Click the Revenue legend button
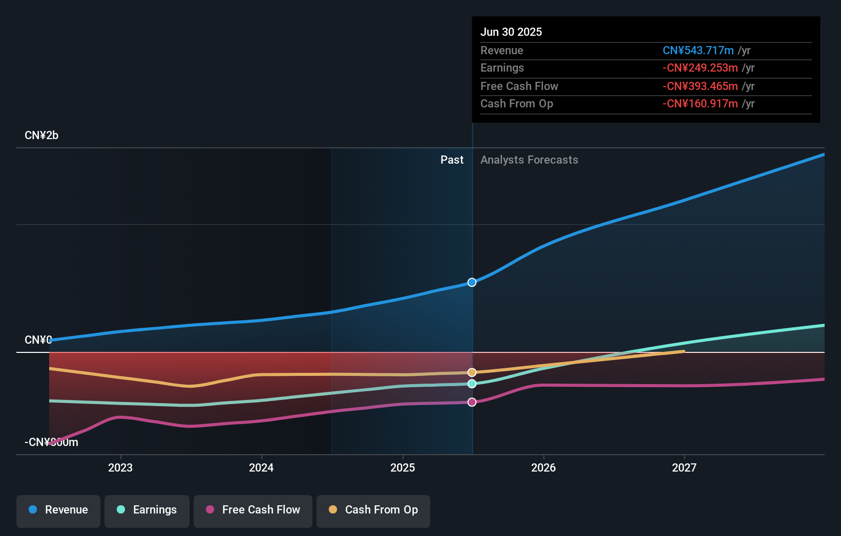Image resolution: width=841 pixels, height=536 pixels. pyautogui.click(x=58, y=510)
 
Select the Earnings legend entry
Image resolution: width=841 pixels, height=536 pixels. pyautogui.click(x=147, y=510)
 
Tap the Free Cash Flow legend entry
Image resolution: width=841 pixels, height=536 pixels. pyautogui.click(x=253, y=510)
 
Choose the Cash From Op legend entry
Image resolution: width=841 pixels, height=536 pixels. pyautogui.click(x=373, y=510)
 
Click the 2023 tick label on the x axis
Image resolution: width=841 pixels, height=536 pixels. pyautogui.click(x=120, y=468)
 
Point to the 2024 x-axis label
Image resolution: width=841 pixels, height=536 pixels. pyautogui.click(x=261, y=468)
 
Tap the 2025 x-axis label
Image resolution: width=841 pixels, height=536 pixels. pyautogui.click(x=403, y=468)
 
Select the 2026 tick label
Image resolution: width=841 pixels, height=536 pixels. pyautogui.click(x=543, y=468)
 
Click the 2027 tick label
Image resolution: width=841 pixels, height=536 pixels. pyautogui.click(x=684, y=468)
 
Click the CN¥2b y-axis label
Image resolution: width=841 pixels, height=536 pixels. pyautogui.click(x=41, y=136)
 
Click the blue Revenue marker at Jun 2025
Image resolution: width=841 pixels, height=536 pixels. pyautogui.click(x=472, y=282)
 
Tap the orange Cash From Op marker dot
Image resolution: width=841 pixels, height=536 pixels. pyautogui.click(x=472, y=372)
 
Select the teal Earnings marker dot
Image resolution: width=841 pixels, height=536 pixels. pyautogui.click(x=472, y=384)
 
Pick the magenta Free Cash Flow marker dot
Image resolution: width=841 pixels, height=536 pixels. pyautogui.click(x=472, y=402)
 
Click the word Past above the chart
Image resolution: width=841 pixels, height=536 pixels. pyautogui.click(x=452, y=160)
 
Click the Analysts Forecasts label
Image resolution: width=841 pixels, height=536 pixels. pyautogui.click(x=529, y=160)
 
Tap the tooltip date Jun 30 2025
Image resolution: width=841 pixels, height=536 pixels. pyautogui.click(x=511, y=32)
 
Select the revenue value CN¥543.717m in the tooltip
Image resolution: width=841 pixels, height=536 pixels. pyautogui.click(x=698, y=51)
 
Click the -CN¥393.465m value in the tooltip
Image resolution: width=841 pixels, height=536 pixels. pyautogui.click(x=700, y=86)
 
